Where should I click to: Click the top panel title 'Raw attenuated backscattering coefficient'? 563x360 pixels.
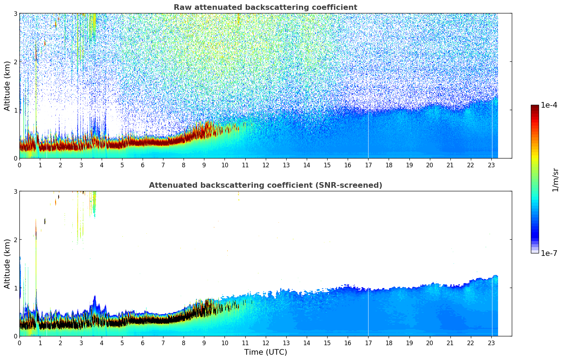pyautogui.click(x=265, y=7)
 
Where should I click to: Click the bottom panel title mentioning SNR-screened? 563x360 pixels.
pyautogui.click(x=265, y=185)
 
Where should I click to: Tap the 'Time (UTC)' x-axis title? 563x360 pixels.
pyautogui.click(x=265, y=352)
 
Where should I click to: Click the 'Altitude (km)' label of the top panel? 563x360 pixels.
pyautogui.click(x=7, y=86)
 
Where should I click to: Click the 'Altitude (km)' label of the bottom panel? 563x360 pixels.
pyautogui.click(x=7, y=264)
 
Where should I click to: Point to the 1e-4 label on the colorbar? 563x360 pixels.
pyautogui.click(x=549, y=105)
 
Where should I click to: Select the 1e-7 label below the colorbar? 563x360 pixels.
pyautogui.click(x=549, y=253)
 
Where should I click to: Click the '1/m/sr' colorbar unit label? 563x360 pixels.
pyautogui.click(x=555, y=180)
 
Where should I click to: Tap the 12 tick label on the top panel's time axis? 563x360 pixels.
pyautogui.click(x=265, y=165)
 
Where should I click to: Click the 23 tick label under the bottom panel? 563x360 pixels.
pyautogui.click(x=491, y=343)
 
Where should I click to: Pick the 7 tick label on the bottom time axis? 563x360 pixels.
pyautogui.click(x=163, y=343)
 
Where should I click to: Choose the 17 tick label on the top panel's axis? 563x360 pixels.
pyautogui.click(x=368, y=165)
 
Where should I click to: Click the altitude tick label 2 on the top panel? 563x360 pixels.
pyautogui.click(x=16, y=62)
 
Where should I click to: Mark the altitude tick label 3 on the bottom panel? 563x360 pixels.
pyautogui.click(x=16, y=191)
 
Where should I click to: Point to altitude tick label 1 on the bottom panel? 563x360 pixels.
pyautogui.click(x=16, y=288)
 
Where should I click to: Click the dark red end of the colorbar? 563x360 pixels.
pyautogui.click(x=535, y=107)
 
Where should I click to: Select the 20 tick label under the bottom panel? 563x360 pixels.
pyautogui.click(x=430, y=343)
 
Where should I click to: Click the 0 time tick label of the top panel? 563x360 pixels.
pyautogui.click(x=19, y=165)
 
